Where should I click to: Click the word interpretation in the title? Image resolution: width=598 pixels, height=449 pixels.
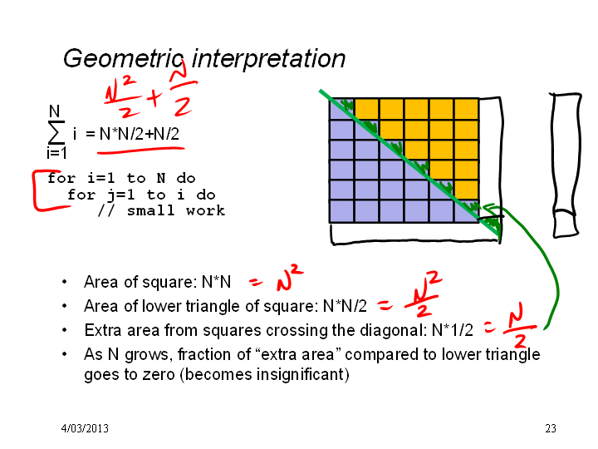click(268, 59)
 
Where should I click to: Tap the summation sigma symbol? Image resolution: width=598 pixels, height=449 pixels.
click(56, 132)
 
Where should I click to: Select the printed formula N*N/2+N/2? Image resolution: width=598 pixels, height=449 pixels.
click(140, 134)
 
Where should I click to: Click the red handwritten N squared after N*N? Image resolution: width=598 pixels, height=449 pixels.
click(289, 277)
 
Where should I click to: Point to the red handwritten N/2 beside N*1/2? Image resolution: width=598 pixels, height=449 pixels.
click(520, 324)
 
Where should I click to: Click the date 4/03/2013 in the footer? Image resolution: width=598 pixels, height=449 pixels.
click(85, 428)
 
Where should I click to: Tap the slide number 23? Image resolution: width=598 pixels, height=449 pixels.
click(551, 428)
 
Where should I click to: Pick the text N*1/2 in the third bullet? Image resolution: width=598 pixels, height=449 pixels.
click(453, 330)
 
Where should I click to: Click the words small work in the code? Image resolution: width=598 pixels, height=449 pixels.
click(176, 210)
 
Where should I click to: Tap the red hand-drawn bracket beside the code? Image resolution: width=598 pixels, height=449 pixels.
click(35, 191)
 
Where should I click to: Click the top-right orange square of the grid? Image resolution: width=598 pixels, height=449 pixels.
click(467, 109)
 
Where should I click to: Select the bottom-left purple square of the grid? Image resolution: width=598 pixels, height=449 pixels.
click(341, 210)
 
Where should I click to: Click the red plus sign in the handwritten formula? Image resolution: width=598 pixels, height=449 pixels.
click(154, 97)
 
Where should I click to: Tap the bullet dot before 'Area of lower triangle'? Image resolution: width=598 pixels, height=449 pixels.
click(64, 306)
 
